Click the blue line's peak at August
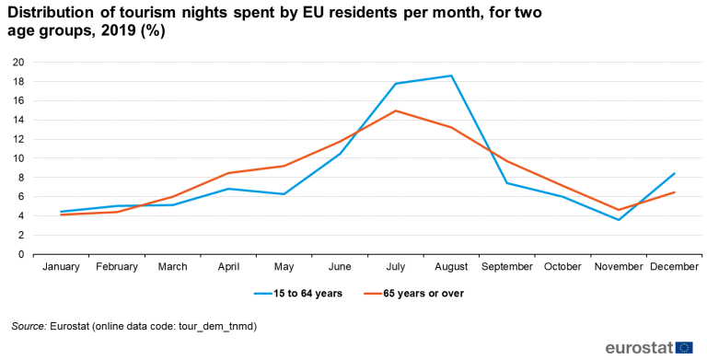coord(451,75)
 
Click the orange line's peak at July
coord(395,110)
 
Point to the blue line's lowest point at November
coord(618,219)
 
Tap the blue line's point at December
coord(675,173)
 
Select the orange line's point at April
coord(228,173)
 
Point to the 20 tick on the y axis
coord(18,63)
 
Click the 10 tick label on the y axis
coord(18,158)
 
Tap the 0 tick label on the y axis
coord(21,255)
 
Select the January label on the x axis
coord(61,267)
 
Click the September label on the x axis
coord(506,267)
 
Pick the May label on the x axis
coord(284,267)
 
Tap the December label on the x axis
coord(674,267)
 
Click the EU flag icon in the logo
coord(684,347)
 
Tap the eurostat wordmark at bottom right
coord(639,347)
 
